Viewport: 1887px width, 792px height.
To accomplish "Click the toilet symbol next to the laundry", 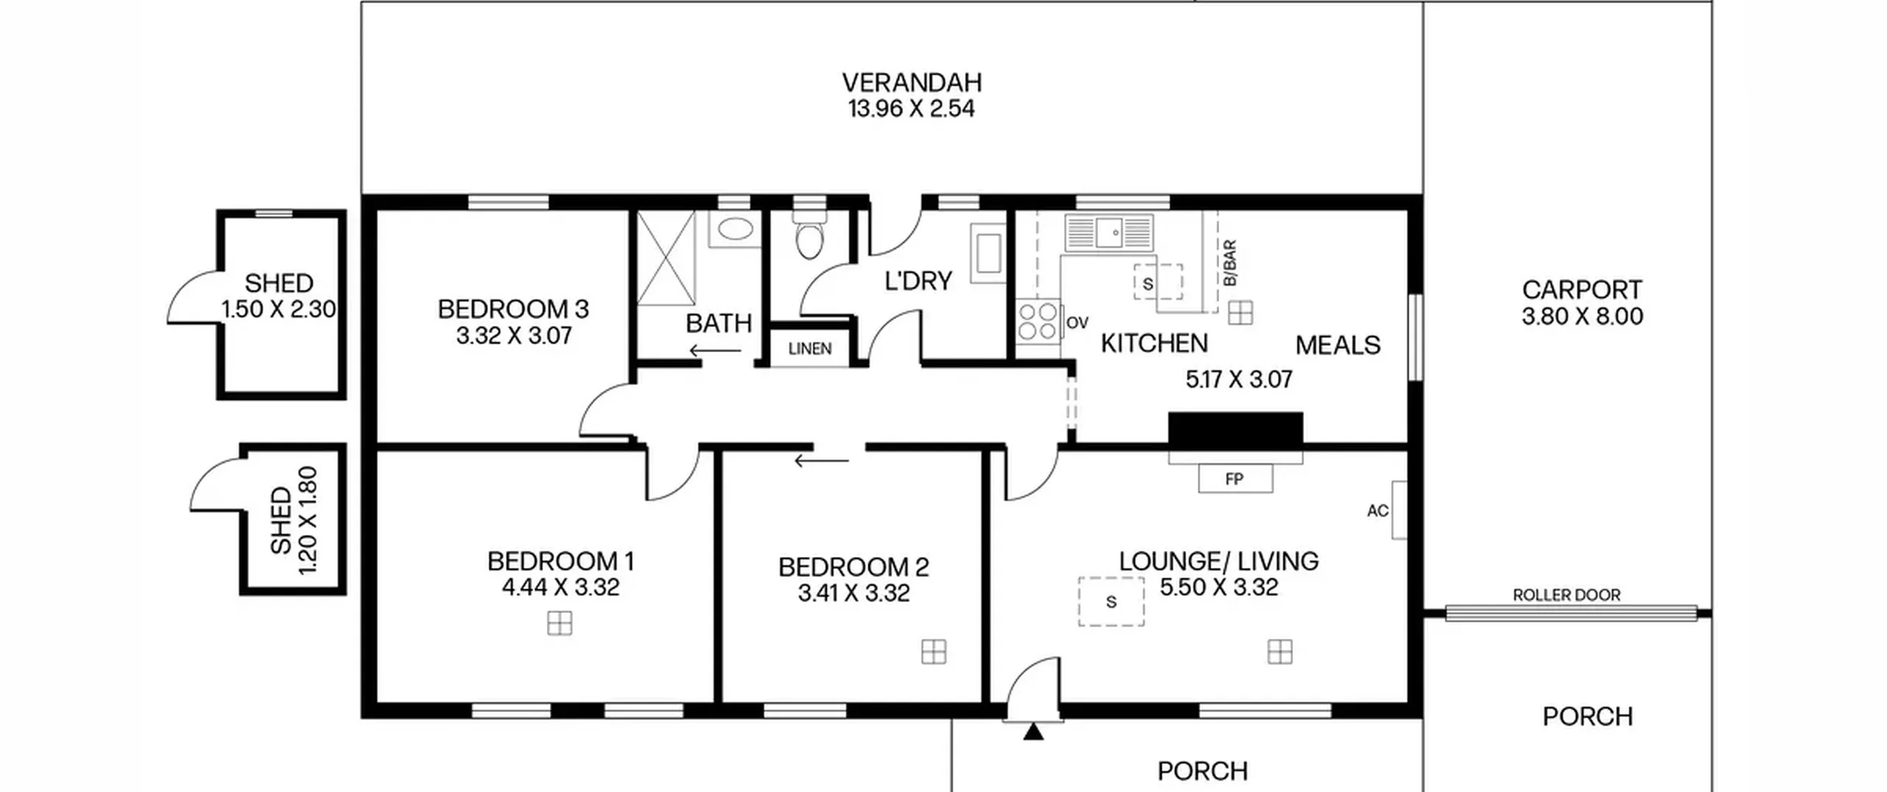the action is pos(809,234).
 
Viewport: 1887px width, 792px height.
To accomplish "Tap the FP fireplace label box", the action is pos(1235,479).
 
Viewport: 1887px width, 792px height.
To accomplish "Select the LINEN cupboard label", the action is pos(809,348).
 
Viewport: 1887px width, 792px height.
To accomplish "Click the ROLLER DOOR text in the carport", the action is pos(1566,595).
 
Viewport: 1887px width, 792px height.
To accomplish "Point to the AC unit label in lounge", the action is pos(1377,511).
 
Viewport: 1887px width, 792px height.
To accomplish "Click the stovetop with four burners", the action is pos(1038,322).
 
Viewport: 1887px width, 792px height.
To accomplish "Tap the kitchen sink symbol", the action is pos(1109,233).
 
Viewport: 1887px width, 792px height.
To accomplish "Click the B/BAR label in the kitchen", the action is pos(1229,263).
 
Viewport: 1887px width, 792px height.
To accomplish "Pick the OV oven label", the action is pos(1077,323).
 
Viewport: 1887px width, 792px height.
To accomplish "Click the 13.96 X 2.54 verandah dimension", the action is pos(911,109).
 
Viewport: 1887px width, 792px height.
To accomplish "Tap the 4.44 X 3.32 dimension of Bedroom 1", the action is pos(560,587).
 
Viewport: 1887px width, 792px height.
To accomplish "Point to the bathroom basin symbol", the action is pos(735,228).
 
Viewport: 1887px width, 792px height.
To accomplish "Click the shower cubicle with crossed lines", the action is pos(666,258).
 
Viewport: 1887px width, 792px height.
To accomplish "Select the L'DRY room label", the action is pos(918,281).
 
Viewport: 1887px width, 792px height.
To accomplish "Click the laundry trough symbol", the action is pos(988,253).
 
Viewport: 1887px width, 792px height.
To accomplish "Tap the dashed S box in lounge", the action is pos(1111,601).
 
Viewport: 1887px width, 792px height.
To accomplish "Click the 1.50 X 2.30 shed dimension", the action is pos(279,309).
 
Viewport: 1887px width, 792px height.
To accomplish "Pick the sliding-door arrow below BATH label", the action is pos(715,351).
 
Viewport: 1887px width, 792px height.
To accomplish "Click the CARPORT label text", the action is pos(1582,290).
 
